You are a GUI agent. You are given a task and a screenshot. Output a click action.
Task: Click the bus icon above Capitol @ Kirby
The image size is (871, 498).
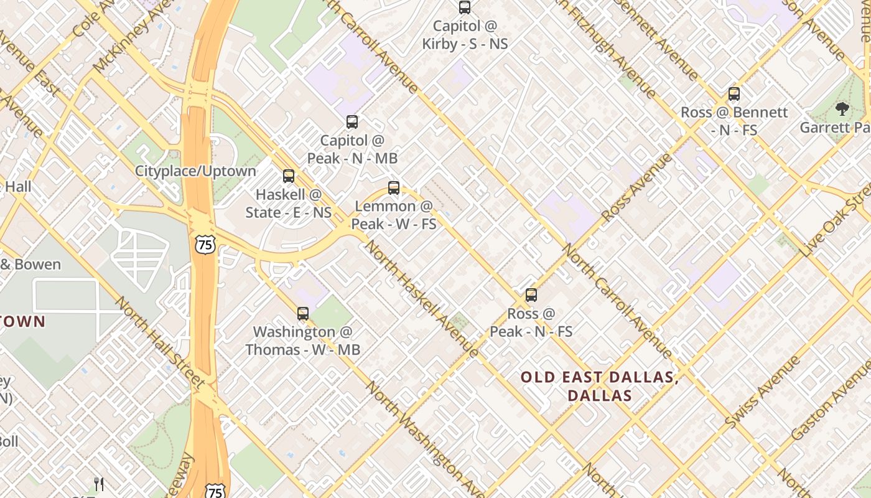coord(465,7)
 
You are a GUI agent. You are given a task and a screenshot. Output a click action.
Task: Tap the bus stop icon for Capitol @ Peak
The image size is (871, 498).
coord(352,122)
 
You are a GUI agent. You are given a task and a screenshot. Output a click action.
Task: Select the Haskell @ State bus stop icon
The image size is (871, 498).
coord(289,176)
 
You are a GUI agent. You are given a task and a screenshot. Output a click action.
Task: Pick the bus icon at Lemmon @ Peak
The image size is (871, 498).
coord(394,187)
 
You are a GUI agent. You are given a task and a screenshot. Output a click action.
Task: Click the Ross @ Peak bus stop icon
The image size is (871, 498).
coord(531,295)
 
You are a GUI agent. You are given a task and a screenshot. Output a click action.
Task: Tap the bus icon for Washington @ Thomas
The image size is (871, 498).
coord(303,314)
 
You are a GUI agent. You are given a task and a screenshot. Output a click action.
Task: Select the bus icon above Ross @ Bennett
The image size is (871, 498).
coord(734,95)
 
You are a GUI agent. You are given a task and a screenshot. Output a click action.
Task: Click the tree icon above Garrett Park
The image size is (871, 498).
coord(842,110)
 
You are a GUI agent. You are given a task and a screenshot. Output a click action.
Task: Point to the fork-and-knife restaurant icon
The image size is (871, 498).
coord(98,484)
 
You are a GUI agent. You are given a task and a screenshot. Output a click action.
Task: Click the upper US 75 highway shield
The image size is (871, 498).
coord(205,244)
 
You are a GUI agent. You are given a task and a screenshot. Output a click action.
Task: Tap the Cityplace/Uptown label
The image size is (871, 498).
coord(195,171)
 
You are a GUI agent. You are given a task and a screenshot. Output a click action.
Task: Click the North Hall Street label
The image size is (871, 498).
coord(161,342)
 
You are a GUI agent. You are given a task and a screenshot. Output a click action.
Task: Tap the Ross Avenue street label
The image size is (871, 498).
coord(637,186)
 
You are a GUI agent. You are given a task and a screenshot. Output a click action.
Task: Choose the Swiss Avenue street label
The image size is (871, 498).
coord(762,392)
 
